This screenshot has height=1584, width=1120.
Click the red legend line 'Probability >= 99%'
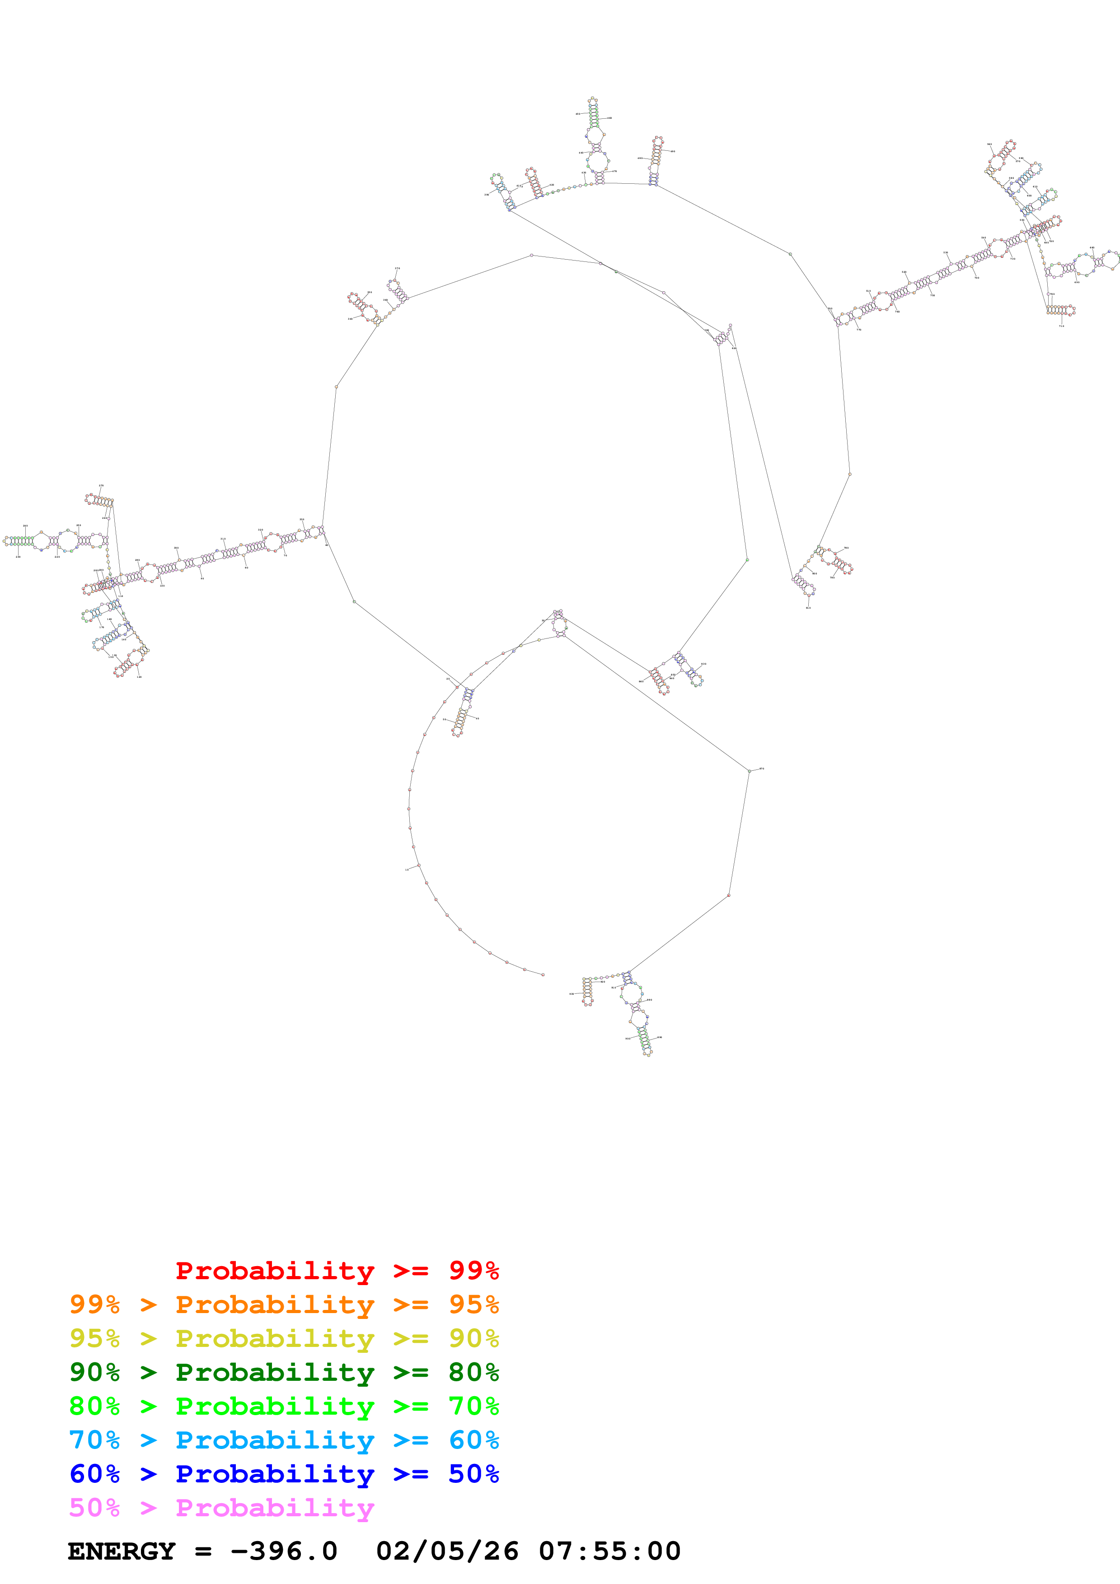[337, 1271]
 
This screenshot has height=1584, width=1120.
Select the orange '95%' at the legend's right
[473, 1304]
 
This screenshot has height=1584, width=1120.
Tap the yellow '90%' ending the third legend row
[473, 1338]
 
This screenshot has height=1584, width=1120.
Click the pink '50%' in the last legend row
[94, 1507]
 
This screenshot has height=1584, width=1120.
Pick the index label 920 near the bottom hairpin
[628, 1038]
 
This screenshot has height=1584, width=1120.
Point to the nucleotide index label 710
[1061, 326]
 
